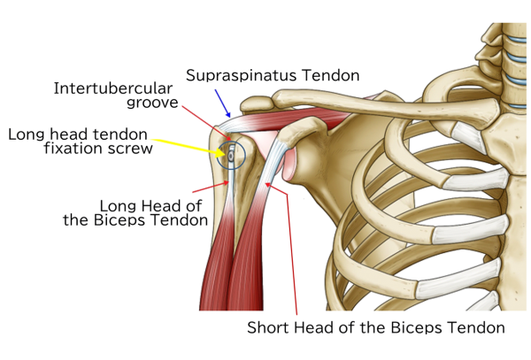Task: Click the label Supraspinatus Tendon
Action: coord(273,75)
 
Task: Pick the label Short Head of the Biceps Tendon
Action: coord(375,327)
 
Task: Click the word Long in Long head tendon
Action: coord(28,134)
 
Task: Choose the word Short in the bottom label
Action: coord(269,327)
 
